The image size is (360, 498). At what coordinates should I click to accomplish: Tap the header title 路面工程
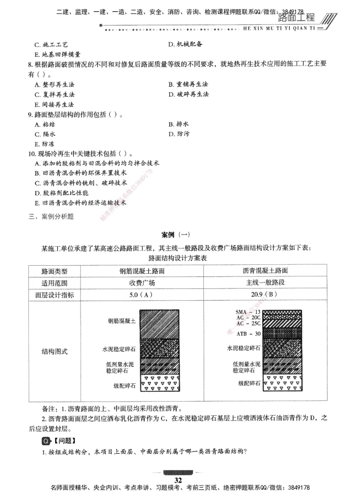[297, 18]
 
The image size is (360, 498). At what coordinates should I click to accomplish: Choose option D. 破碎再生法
[189, 95]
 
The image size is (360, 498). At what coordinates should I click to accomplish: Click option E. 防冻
[44, 144]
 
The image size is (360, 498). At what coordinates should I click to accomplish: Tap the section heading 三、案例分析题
[51, 216]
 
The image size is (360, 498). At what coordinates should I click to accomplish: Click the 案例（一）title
[176, 235]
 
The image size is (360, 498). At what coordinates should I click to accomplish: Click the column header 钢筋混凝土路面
[142, 271]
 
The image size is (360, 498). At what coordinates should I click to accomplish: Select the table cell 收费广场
[142, 283]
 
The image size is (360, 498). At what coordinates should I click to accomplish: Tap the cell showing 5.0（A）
[142, 295]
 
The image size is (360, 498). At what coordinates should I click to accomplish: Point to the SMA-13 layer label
[248, 312]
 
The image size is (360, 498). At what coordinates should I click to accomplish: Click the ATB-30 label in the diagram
[248, 334]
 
